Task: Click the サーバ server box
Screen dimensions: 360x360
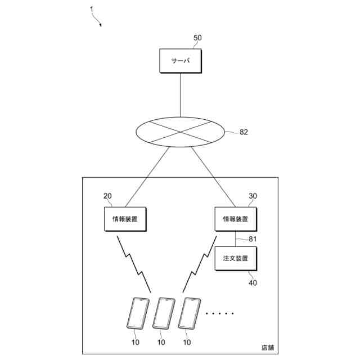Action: pos(179,61)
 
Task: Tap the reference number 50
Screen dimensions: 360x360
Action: pos(197,38)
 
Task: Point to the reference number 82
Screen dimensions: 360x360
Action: pos(244,133)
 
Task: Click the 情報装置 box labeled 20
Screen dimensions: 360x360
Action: pos(125,218)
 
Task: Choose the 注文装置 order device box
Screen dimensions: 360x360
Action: pos(235,258)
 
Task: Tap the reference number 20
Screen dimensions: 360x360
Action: pos(107,196)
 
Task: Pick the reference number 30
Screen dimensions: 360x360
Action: pos(253,196)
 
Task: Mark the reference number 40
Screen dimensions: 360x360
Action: pos(253,283)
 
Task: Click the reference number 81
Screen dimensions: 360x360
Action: pos(253,238)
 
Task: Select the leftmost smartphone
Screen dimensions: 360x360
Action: pos(137,313)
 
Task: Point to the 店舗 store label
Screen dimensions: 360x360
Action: pos(268,347)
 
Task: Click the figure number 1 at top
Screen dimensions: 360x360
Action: pos(92,9)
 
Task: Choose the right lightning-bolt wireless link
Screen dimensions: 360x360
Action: pos(197,263)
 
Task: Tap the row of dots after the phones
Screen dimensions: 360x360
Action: pos(219,313)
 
